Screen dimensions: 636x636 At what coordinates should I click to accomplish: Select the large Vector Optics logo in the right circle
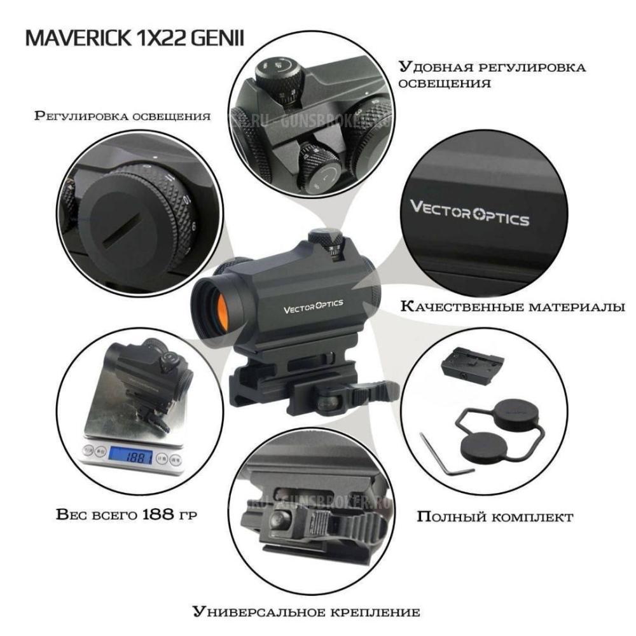click(x=469, y=214)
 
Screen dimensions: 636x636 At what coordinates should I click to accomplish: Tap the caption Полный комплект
click(x=495, y=516)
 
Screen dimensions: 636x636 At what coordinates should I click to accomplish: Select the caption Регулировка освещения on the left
click(x=123, y=117)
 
